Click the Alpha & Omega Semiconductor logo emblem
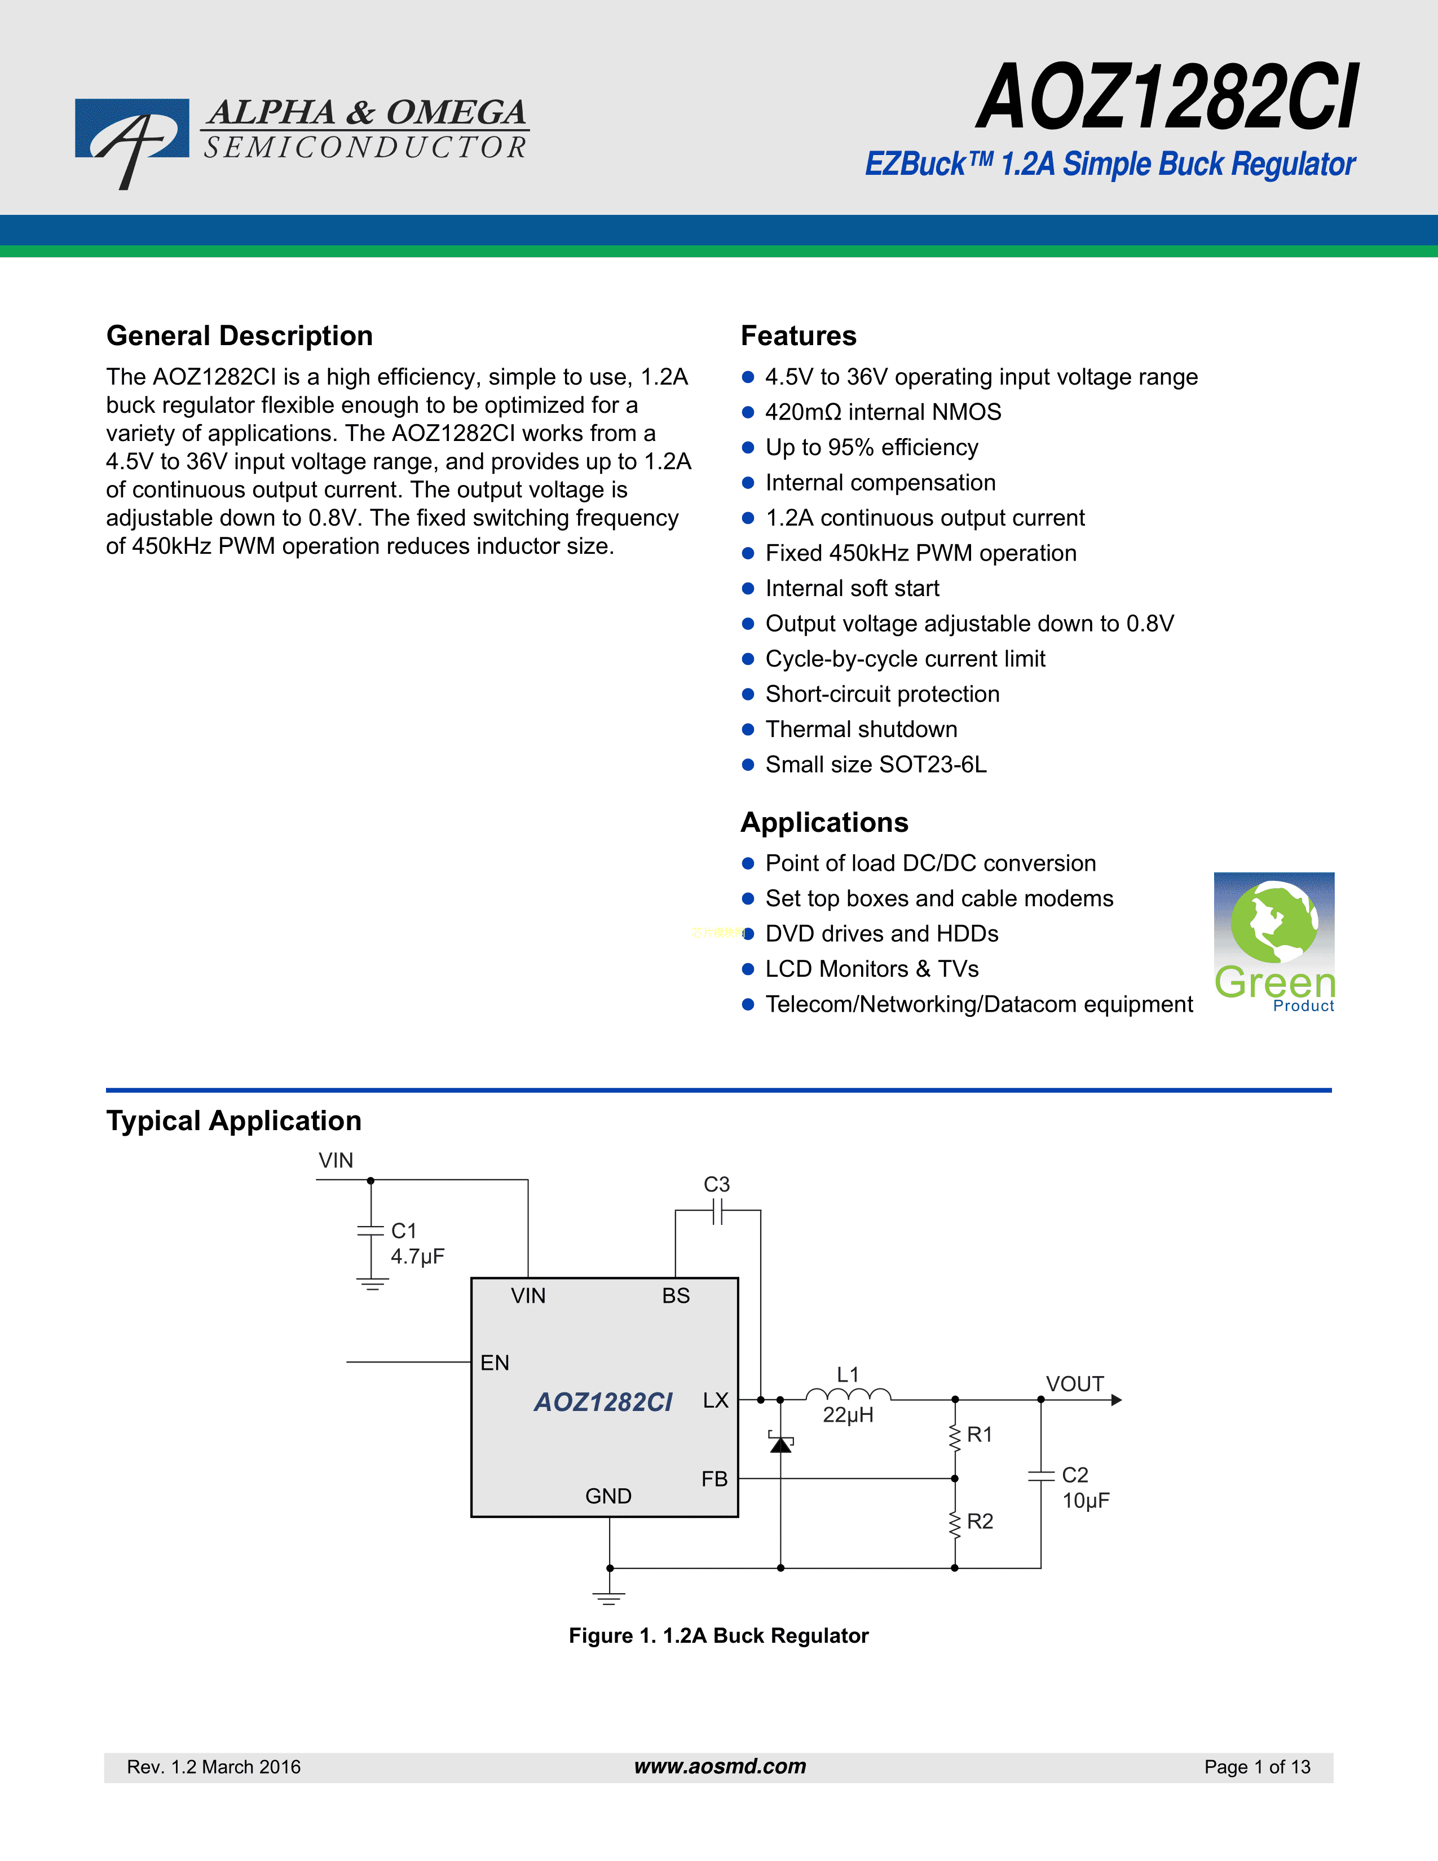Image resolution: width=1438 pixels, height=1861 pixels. [132, 136]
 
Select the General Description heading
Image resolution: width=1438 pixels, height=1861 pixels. [239, 336]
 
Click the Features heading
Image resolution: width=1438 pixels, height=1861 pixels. [798, 336]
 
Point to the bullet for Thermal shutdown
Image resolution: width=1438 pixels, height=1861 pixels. [748, 729]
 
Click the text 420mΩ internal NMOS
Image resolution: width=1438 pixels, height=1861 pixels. [883, 412]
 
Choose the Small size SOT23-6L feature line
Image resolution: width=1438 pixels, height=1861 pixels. [876, 764]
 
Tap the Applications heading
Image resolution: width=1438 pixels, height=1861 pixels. [824, 822]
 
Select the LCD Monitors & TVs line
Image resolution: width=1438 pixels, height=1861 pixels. [871, 969]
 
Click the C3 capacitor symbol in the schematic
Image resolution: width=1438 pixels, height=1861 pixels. [717, 1211]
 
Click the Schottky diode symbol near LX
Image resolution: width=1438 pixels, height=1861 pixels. [780, 1444]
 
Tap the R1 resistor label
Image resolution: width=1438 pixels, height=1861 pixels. [980, 1435]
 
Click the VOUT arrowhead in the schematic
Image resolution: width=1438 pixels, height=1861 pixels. [1116, 1400]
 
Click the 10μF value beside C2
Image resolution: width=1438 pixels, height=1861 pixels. [1086, 1501]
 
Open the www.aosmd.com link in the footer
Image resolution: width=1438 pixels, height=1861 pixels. [720, 1766]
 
